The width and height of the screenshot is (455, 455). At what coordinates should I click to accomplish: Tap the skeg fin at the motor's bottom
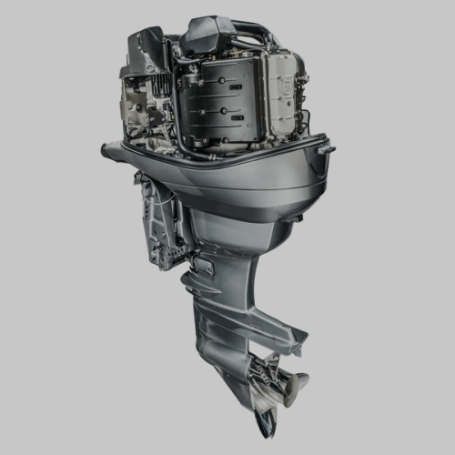pyautogui.click(x=267, y=420)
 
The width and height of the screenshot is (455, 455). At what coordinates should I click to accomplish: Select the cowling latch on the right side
pyautogui.click(x=325, y=148)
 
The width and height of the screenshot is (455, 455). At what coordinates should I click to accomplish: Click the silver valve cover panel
pyautogui.click(x=283, y=96)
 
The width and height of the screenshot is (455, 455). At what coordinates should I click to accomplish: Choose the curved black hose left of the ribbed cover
pyautogui.click(x=177, y=118)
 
